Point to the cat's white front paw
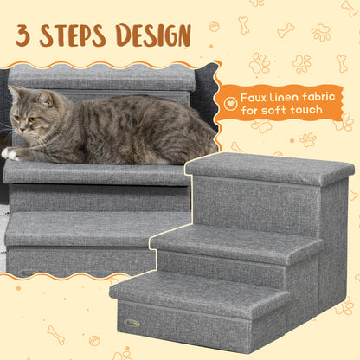10,153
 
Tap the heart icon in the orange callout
230,102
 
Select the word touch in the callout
304,110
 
